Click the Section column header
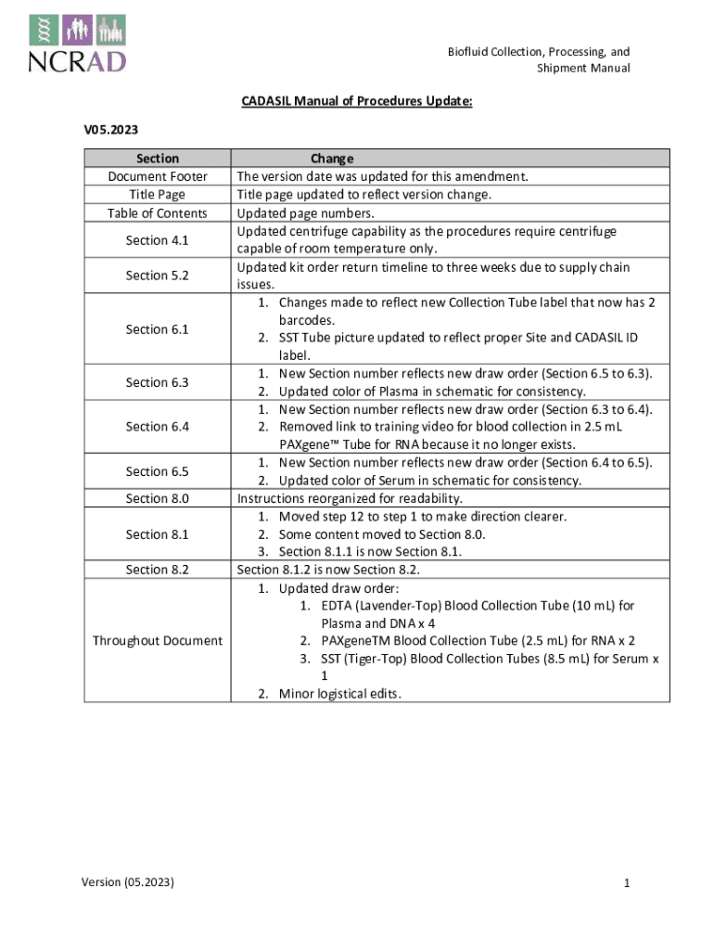click(157, 159)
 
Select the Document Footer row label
click(157, 176)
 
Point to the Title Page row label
click(157, 194)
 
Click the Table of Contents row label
click(157, 212)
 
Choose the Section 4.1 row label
click(157, 240)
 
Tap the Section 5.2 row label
click(157, 276)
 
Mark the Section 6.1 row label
click(157, 329)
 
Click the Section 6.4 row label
click(157, 427)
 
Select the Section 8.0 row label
click(157, 498)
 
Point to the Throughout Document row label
click(157, 640)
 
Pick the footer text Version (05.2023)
click(129, 881)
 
